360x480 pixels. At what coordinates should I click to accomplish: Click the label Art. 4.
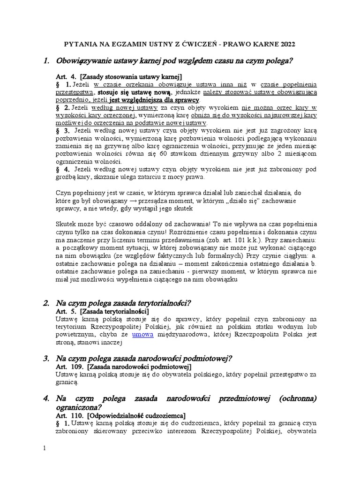tap(66, 76)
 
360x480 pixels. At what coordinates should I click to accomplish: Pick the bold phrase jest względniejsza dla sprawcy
tap(154, 100)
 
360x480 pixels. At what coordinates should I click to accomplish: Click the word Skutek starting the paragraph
tap(66, 225)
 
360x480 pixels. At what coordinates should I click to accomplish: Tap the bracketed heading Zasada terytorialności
tap(114, 311)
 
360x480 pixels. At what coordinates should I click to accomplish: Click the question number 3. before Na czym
tap(46, 359)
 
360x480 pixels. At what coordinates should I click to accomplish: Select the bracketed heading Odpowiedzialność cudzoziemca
tap(136, 415)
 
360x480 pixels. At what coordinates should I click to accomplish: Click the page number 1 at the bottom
tap(45, 449)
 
